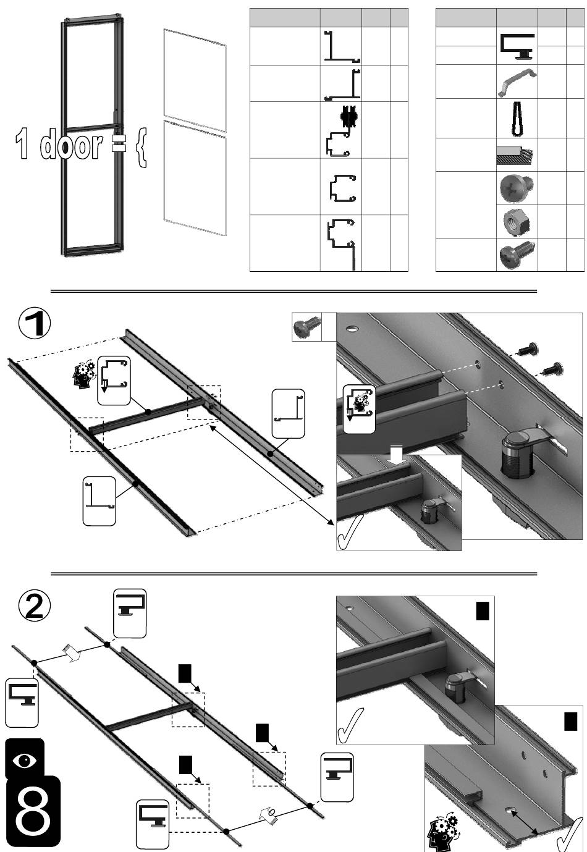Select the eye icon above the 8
[x=25, y=759]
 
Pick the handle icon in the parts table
[x=517, y=83]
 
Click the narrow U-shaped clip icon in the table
[x=516, y=118]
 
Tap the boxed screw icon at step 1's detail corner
[x=306, y=326]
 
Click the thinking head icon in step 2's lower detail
[x=442, y=831]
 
